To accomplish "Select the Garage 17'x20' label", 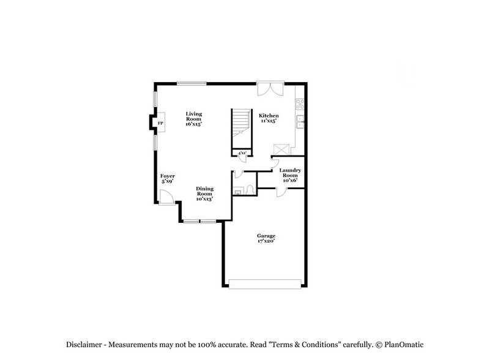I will click(x=266, y=238).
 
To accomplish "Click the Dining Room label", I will click(x=204, y=193).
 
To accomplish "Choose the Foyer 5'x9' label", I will click(x=168, y=179).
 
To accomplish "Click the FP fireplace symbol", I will click(x=160, y=124).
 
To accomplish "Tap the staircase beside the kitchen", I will click(x=241, y=128).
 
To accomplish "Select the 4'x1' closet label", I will click(x=242, y=152).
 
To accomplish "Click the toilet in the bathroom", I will click(x=250, y=190).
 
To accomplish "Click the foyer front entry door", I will click(x=165, y=197).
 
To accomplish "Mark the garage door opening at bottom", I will click(x=266, y=283).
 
